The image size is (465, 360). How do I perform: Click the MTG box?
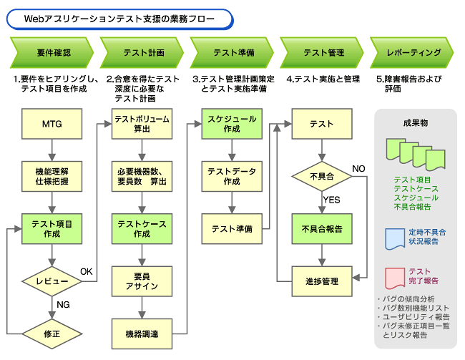tap(52, 124)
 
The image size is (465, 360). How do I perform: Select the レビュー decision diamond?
tap(52, 281)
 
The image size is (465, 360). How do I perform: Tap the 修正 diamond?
tap(52, 334)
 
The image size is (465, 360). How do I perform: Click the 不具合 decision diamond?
tap(322, 177)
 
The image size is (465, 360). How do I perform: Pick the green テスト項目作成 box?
tap(52, 229)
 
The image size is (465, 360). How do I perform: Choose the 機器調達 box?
tap(142, 334)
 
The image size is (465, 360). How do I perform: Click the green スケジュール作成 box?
tap(232, 124)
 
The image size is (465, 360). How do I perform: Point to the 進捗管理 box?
tap(322, 281)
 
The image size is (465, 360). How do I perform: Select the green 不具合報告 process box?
tap(322, 229)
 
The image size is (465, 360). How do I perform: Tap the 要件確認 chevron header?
tap(52, 52)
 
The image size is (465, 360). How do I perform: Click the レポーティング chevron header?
tap(412, 52)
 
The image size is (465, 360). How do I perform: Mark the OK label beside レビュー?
tap(87, 271)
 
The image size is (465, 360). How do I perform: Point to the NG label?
tap(63, 305)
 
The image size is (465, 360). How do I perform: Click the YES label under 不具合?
tap(331, 200)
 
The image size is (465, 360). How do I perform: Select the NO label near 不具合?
tap(358, 169)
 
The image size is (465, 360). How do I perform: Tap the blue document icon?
tap(395, 239)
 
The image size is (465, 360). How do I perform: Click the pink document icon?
tap(395, 278)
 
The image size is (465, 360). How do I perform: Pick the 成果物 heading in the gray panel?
tap(416, 123)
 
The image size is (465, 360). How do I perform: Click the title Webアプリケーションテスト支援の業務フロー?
tap(119, 19)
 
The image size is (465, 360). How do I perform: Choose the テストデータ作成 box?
tap(232, 176)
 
